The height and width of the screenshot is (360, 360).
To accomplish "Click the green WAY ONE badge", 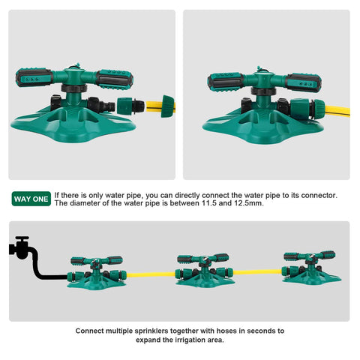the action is tap(31, 199).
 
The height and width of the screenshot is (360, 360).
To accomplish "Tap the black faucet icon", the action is tap(20, 247).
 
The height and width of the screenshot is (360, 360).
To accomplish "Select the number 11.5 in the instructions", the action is tap(209, 203).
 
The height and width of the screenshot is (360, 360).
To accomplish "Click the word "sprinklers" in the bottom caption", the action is tap(151, 331).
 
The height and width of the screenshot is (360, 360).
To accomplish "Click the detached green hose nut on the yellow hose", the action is tap(167, 106).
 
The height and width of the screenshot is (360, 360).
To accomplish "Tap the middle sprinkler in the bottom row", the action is tap(205, 271).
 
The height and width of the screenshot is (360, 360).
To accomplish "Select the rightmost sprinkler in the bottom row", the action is tap(312, 268).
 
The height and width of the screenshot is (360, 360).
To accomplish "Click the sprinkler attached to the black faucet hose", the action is tap(97, 272).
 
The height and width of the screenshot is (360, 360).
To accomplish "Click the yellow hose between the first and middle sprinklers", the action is tap(151, 274).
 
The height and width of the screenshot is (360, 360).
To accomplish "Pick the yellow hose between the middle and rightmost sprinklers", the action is tap(257, 272).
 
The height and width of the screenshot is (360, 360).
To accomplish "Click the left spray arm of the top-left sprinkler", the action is tap(34, 77).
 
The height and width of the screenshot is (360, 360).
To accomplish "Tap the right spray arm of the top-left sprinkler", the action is tap(114, 79).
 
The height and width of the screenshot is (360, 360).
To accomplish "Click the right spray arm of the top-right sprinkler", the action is tap(303, 82).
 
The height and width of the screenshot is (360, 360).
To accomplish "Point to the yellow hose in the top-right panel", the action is tap(337, 111).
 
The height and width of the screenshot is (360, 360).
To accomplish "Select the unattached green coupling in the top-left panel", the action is tap(130, 106).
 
